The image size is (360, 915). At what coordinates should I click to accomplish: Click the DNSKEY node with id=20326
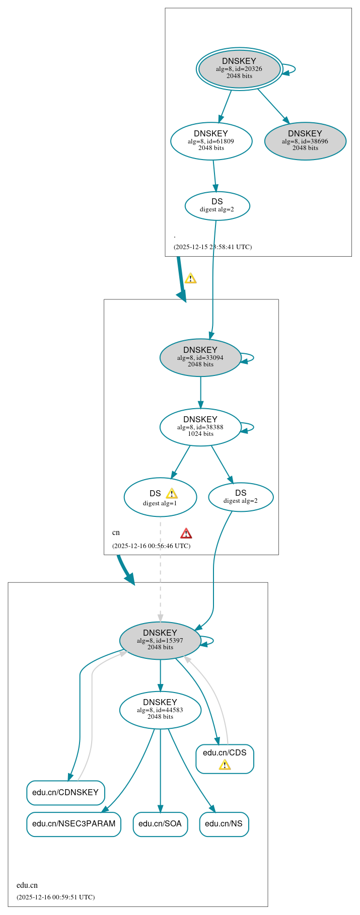pyautogui.click(x=239, y=68)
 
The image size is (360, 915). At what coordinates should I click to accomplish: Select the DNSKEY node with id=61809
pyautogui.click(x=211, y=141)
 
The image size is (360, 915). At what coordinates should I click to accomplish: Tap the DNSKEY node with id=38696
pyautogui.click(x=305, y=141)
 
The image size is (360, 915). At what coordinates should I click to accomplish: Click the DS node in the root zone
pyautogui.click(x=217, y=205)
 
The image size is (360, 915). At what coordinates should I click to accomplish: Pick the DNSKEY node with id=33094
pyautogui.click(x=200, y=357)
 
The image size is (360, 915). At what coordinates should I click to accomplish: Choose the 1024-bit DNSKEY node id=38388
pyautogui.click(x=200, y=427)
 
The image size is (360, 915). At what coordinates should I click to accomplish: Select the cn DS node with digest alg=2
pyautogui.click(x=241, y=497)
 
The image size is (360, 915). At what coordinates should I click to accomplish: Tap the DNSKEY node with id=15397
pyautogui.click(x=160, y=640)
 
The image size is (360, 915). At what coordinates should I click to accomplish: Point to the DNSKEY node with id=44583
pyautogui.click(x=160, y=710)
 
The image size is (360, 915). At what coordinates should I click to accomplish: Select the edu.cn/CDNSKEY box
pyautogui.click(x=65, y=793)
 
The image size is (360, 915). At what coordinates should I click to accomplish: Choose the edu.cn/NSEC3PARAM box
pyautogui.click(x=74, y=824)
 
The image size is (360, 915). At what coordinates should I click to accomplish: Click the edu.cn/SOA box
pyautogui.click(x=160, y=824)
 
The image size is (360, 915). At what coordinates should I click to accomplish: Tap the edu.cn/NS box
pyautogui.click(x=224, y=824)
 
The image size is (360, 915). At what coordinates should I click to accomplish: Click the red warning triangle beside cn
pyautogui.click(x=186, y=533)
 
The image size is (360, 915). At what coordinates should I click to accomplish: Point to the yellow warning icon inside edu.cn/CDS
pyautogui.click(x=225, y=765)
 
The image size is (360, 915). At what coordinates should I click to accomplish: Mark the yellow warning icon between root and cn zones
pyautogui.click(x=190, y=278)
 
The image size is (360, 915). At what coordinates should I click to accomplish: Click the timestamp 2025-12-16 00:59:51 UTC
pyautogui.click(x=55, y=897)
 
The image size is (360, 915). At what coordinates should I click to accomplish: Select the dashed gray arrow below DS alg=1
pyautogui.click(x=161, y=569)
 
